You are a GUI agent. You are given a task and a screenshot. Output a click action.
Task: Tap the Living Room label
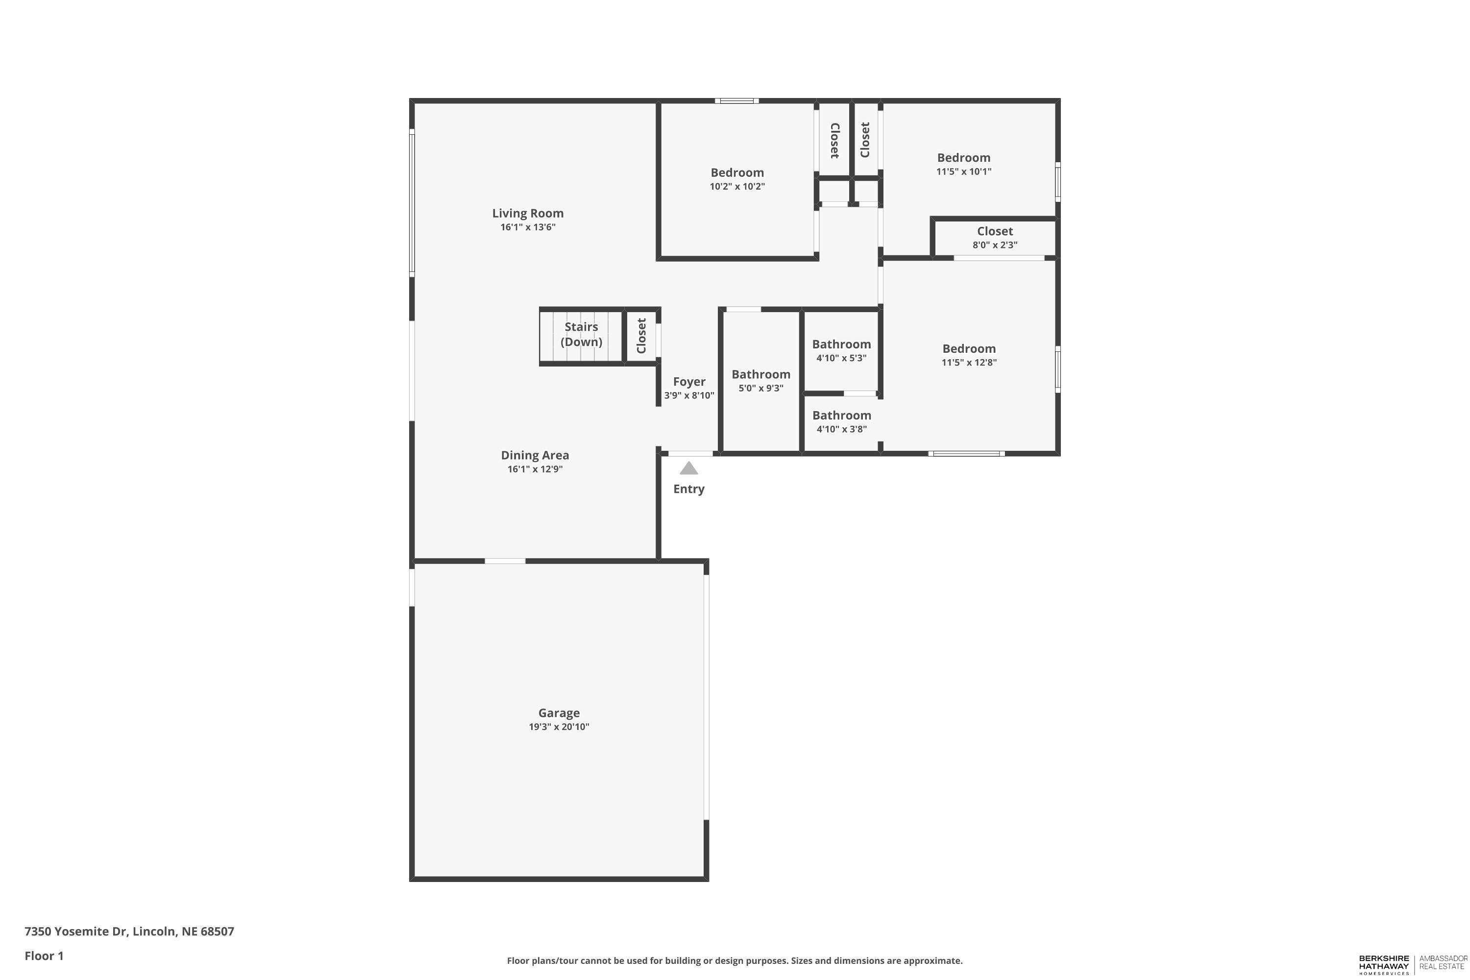528,213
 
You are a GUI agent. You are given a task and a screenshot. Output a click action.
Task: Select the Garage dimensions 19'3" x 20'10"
559,726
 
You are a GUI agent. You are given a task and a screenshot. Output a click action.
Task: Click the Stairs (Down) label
581,334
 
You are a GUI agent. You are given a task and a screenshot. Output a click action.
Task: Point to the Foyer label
689,381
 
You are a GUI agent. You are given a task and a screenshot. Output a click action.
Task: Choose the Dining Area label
535,455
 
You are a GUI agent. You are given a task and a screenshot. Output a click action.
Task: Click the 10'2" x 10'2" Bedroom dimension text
737,186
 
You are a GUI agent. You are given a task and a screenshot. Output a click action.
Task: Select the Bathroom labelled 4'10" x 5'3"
841,344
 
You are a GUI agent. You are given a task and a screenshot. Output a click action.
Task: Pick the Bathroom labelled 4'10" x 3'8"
841,416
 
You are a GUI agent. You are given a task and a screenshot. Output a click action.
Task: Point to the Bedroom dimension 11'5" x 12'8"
969,363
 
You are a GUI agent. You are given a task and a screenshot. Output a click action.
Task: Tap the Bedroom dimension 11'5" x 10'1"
963,171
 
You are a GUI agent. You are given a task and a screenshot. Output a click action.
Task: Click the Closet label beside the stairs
641,336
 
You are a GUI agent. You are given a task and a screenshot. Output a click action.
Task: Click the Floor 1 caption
44,955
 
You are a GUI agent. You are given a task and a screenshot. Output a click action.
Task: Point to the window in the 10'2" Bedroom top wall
737,100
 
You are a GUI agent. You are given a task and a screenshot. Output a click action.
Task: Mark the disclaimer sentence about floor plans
735,960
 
